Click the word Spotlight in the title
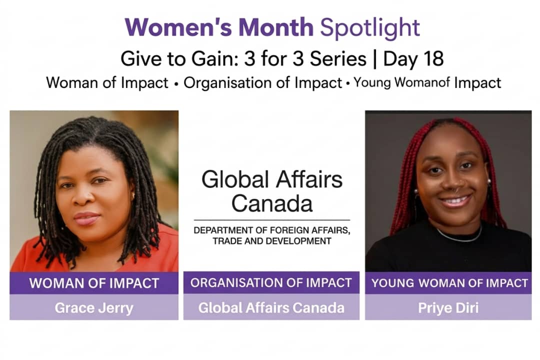coord(370,28)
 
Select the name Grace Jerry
coord(94,307)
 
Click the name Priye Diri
coord(448,307)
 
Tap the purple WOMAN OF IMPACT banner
coord(94,283)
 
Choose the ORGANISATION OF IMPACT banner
coord(271,282)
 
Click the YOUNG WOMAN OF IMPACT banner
coord(448,283)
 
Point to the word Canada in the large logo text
coord(272,203)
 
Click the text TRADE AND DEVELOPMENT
coord(272,241)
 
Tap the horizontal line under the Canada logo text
coord(272,220)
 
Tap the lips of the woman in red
coord(86,218)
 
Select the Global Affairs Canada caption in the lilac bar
coord(271,307)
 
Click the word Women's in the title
coord(178,27)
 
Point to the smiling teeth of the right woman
coord(455,200)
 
